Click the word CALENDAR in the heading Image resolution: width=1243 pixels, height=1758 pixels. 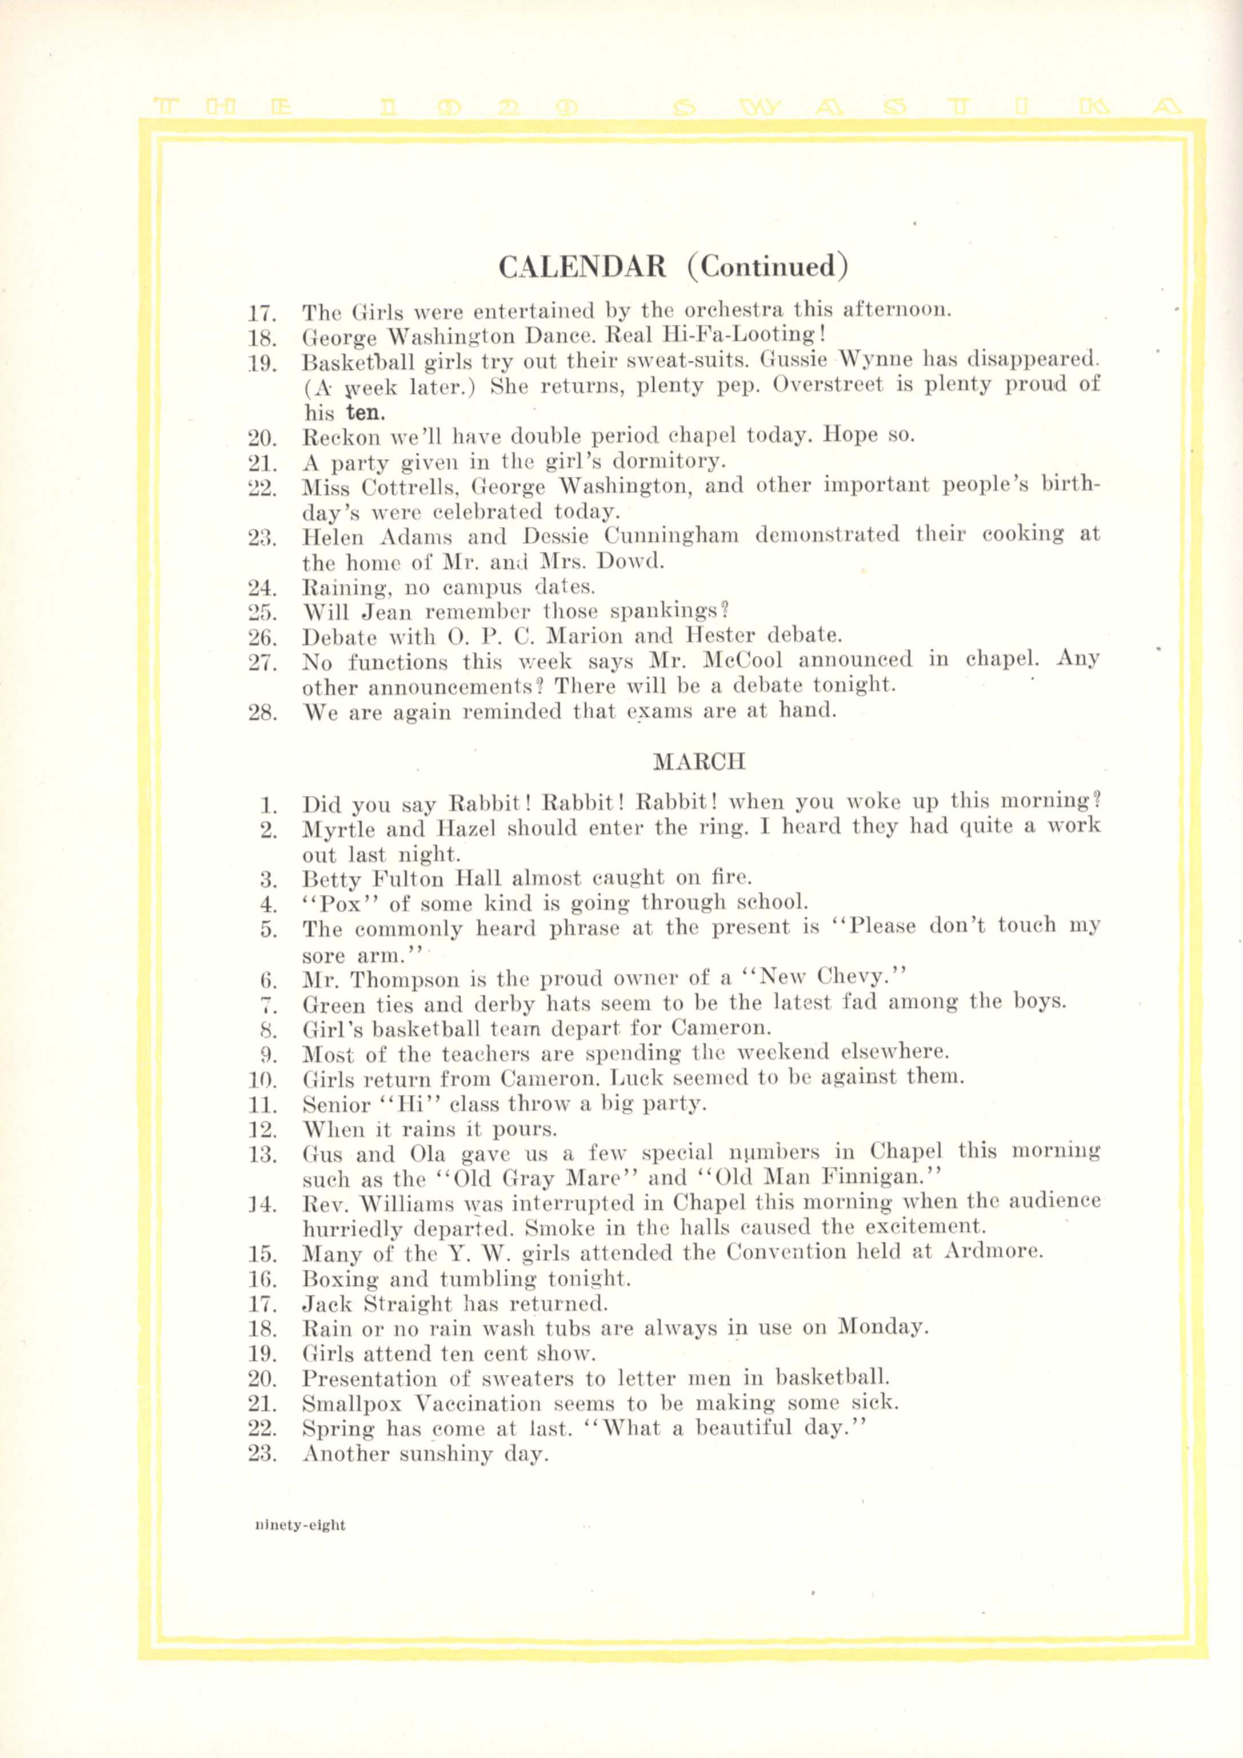pyautogui.click(x=582, y=266)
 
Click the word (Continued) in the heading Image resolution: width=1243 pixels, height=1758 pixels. pyautogui.click(x=767, y=266)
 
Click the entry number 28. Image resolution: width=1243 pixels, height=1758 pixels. pyautogui.click(x=262, y=712)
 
